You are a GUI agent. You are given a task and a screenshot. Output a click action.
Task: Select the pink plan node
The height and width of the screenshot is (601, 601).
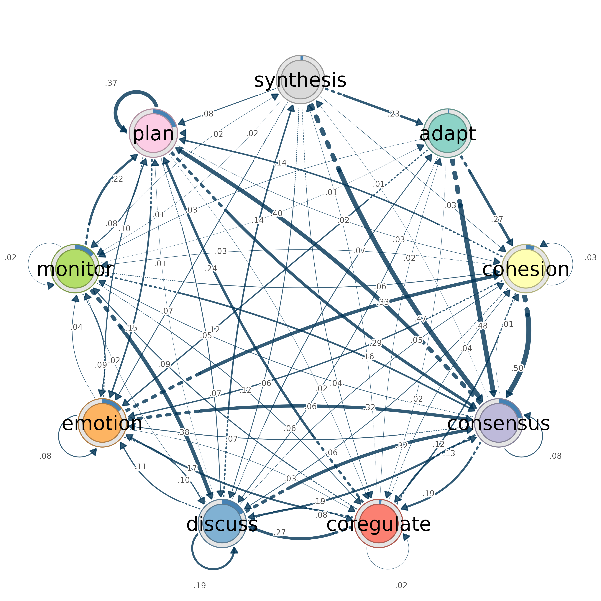point(153,133)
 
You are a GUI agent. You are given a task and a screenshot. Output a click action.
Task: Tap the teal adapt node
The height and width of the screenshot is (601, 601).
point(448,133)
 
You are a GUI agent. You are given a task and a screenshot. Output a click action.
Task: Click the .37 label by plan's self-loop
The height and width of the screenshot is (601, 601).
point(111,83)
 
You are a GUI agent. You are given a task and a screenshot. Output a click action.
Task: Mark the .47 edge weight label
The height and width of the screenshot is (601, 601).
point(420,319)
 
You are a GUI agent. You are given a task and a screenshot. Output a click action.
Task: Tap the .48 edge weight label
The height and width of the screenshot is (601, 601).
point(482,326)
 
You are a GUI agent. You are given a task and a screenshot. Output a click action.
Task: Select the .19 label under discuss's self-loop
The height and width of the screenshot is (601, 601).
point(200,586)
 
